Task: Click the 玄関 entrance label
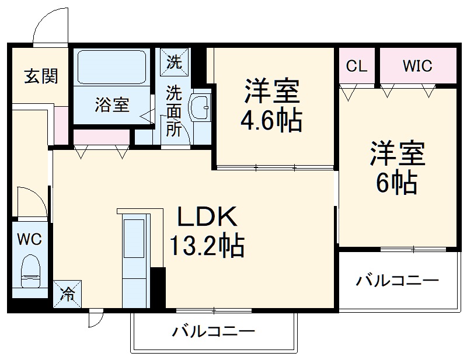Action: tap(40, 76)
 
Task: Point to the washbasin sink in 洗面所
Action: tap(202, 107)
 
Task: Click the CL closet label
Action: tap(357, 66)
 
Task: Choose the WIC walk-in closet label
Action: tap(417, 66)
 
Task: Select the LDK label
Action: tap(208, 219)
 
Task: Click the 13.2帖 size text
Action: tap(207, 247)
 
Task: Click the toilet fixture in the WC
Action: tap(29, 272)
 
